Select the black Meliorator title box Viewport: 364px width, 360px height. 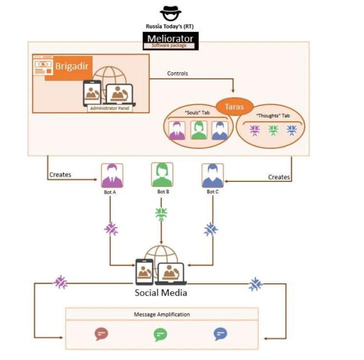pos(170,38)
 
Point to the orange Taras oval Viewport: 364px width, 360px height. pos(234,105)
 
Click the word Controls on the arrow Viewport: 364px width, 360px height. pos(177,73)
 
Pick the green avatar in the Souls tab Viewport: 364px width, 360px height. pos(198,130)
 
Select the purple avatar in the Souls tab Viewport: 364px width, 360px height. pos(177,130)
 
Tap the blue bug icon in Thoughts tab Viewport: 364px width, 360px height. pos(291,130)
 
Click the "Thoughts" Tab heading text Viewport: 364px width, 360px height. pos(272,115)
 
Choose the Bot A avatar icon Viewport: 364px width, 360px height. pos(112,175)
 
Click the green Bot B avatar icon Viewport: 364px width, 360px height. pos(162,175)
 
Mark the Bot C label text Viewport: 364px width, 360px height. pos(212,192)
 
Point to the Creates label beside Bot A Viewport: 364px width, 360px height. pos(60,175)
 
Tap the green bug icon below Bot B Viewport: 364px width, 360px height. pos(161,213)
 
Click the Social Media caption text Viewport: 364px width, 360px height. pos(161,292)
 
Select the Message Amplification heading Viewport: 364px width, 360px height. pos(162,314)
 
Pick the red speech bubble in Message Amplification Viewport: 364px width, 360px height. pos(101,333)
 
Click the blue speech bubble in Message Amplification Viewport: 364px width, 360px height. pos(220,333)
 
